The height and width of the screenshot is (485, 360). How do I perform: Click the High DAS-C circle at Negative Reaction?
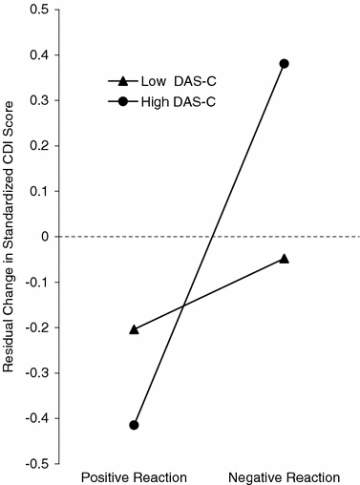[284, 63]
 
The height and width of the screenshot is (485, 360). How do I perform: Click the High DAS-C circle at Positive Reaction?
[134, 425]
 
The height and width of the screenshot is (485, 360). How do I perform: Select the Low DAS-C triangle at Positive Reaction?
[134, 329]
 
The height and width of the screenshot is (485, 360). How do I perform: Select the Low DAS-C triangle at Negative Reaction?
[284, 259]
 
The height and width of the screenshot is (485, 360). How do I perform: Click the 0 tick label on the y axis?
[43, 236]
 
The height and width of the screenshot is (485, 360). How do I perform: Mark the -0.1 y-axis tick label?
[35, 282]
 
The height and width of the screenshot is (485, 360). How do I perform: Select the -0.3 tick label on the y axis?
[35, 372]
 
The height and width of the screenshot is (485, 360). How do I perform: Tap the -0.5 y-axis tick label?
[35, 463]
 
